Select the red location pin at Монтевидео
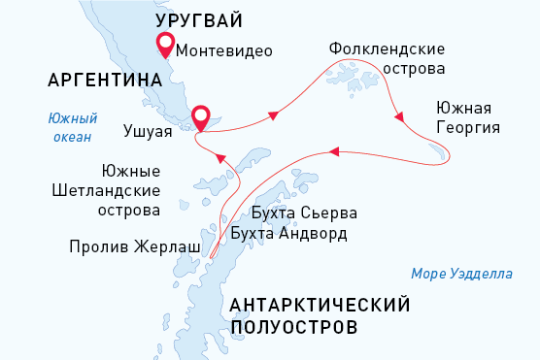(x=165, y=44)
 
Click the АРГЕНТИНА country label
(x=96, y=80)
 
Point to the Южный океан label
(x=73, y=127)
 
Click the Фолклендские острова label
(x=387, y=57)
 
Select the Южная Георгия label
(x=468, y=116)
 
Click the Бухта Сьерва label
(x=303, y=212)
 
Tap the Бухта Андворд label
(x=288, y=233)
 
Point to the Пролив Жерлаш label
(x=135, y=247)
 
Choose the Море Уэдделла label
(x=461, y=274)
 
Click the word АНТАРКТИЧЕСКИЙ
(x=321, y=306)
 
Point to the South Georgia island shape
(x=438, y=151)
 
